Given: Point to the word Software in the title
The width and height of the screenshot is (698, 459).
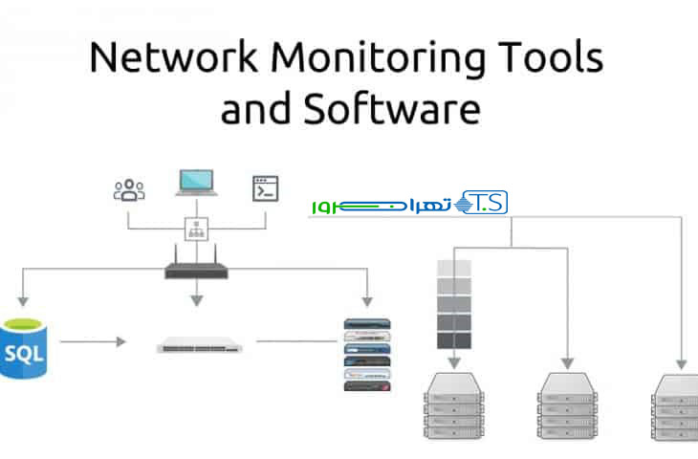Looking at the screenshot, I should point(391,109).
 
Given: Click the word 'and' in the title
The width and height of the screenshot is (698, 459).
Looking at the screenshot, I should point(255,109).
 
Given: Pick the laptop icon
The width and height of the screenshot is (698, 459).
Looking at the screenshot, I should point(196,185).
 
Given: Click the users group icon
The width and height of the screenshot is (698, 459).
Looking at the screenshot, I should point(129,188).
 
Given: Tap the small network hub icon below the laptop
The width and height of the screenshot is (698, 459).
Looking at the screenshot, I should point(197,229).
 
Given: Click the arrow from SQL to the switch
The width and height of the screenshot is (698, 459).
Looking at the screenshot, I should point(93,340).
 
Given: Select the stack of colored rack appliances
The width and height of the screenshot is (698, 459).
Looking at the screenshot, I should point(368,353).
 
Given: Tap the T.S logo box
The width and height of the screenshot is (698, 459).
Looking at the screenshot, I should point(483,203).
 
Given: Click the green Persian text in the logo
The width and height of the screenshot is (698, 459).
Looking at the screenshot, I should point(382,205).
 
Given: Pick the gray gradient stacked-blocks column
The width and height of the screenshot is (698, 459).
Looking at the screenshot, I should point(454,303).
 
